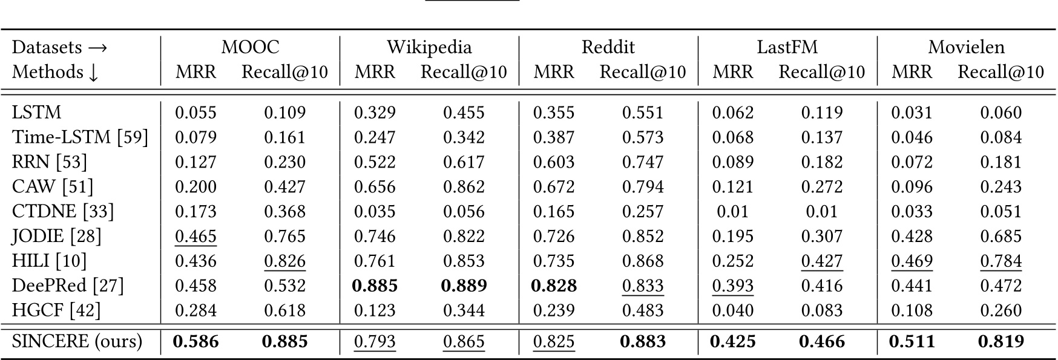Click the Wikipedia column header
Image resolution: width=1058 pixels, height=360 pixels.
click(x=429, y=47)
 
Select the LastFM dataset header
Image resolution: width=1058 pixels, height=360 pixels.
click(x=787, y=47)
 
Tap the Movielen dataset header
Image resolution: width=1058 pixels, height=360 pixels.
click(x=966, y=47)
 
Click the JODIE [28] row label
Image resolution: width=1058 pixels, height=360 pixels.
click(x=57, y=236)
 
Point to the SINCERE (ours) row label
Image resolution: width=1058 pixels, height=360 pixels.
click(x=77, y=341)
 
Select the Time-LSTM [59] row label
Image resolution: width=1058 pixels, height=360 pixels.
click(x=80, y=137)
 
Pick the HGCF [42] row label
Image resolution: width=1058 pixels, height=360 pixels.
click(x=56, y=310)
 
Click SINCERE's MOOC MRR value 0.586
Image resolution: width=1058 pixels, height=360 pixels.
click(x=195, y=342)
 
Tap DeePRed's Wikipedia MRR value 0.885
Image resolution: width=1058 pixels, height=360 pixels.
click(x=375, y=286)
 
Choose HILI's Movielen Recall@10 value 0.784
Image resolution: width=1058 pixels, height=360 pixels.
click(x=1000, y=261)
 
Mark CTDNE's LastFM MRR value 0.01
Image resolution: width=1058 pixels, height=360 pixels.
click(x=732, y=212)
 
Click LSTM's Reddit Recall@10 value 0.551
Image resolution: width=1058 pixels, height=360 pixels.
click(x=643, y=113)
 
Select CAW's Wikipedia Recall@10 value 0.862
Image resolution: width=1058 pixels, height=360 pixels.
click(x=464, y=187)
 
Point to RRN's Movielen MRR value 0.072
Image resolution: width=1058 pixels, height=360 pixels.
click(x=912, y=162)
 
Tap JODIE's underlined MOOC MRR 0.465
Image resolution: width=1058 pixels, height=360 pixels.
click(x=195, y=236)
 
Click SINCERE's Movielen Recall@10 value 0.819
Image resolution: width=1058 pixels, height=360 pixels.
click(x=1000, y=342)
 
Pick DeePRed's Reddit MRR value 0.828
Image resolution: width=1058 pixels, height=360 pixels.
click(x=553, y=286)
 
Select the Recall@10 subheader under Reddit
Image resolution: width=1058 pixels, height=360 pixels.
click(x=643, y=72)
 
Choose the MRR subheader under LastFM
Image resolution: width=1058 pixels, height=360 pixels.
click(x=732, y=72)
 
